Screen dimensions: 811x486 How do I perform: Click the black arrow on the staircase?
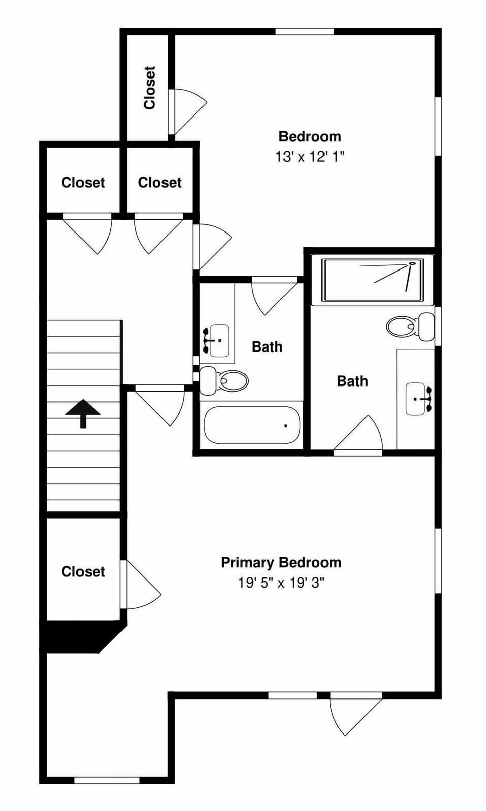tap(83, 413)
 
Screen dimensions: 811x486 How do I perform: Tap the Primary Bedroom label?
tap(281, 563)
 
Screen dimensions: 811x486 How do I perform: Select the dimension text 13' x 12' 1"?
tap(310, 157)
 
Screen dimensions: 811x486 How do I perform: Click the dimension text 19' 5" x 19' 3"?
tap(281, 583)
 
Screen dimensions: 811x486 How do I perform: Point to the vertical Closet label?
tap(149, 88)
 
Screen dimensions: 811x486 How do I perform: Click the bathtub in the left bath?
tap(252, 426)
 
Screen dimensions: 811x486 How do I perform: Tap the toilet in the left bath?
tap(225, 380)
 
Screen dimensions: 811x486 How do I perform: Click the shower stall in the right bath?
tap(373, 280)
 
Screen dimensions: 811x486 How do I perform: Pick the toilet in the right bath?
tap(410, 326)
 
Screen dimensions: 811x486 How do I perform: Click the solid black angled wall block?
tap(81, 637)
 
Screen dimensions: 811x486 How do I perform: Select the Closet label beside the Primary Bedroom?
tap(83, 572)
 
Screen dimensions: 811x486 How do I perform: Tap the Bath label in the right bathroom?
tap(352, 381)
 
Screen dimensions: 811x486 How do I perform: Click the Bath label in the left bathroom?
tap(267, 347)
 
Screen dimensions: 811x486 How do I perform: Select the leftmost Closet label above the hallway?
tap(83, 183)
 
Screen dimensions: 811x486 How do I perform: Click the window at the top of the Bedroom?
tap(304, 32)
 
